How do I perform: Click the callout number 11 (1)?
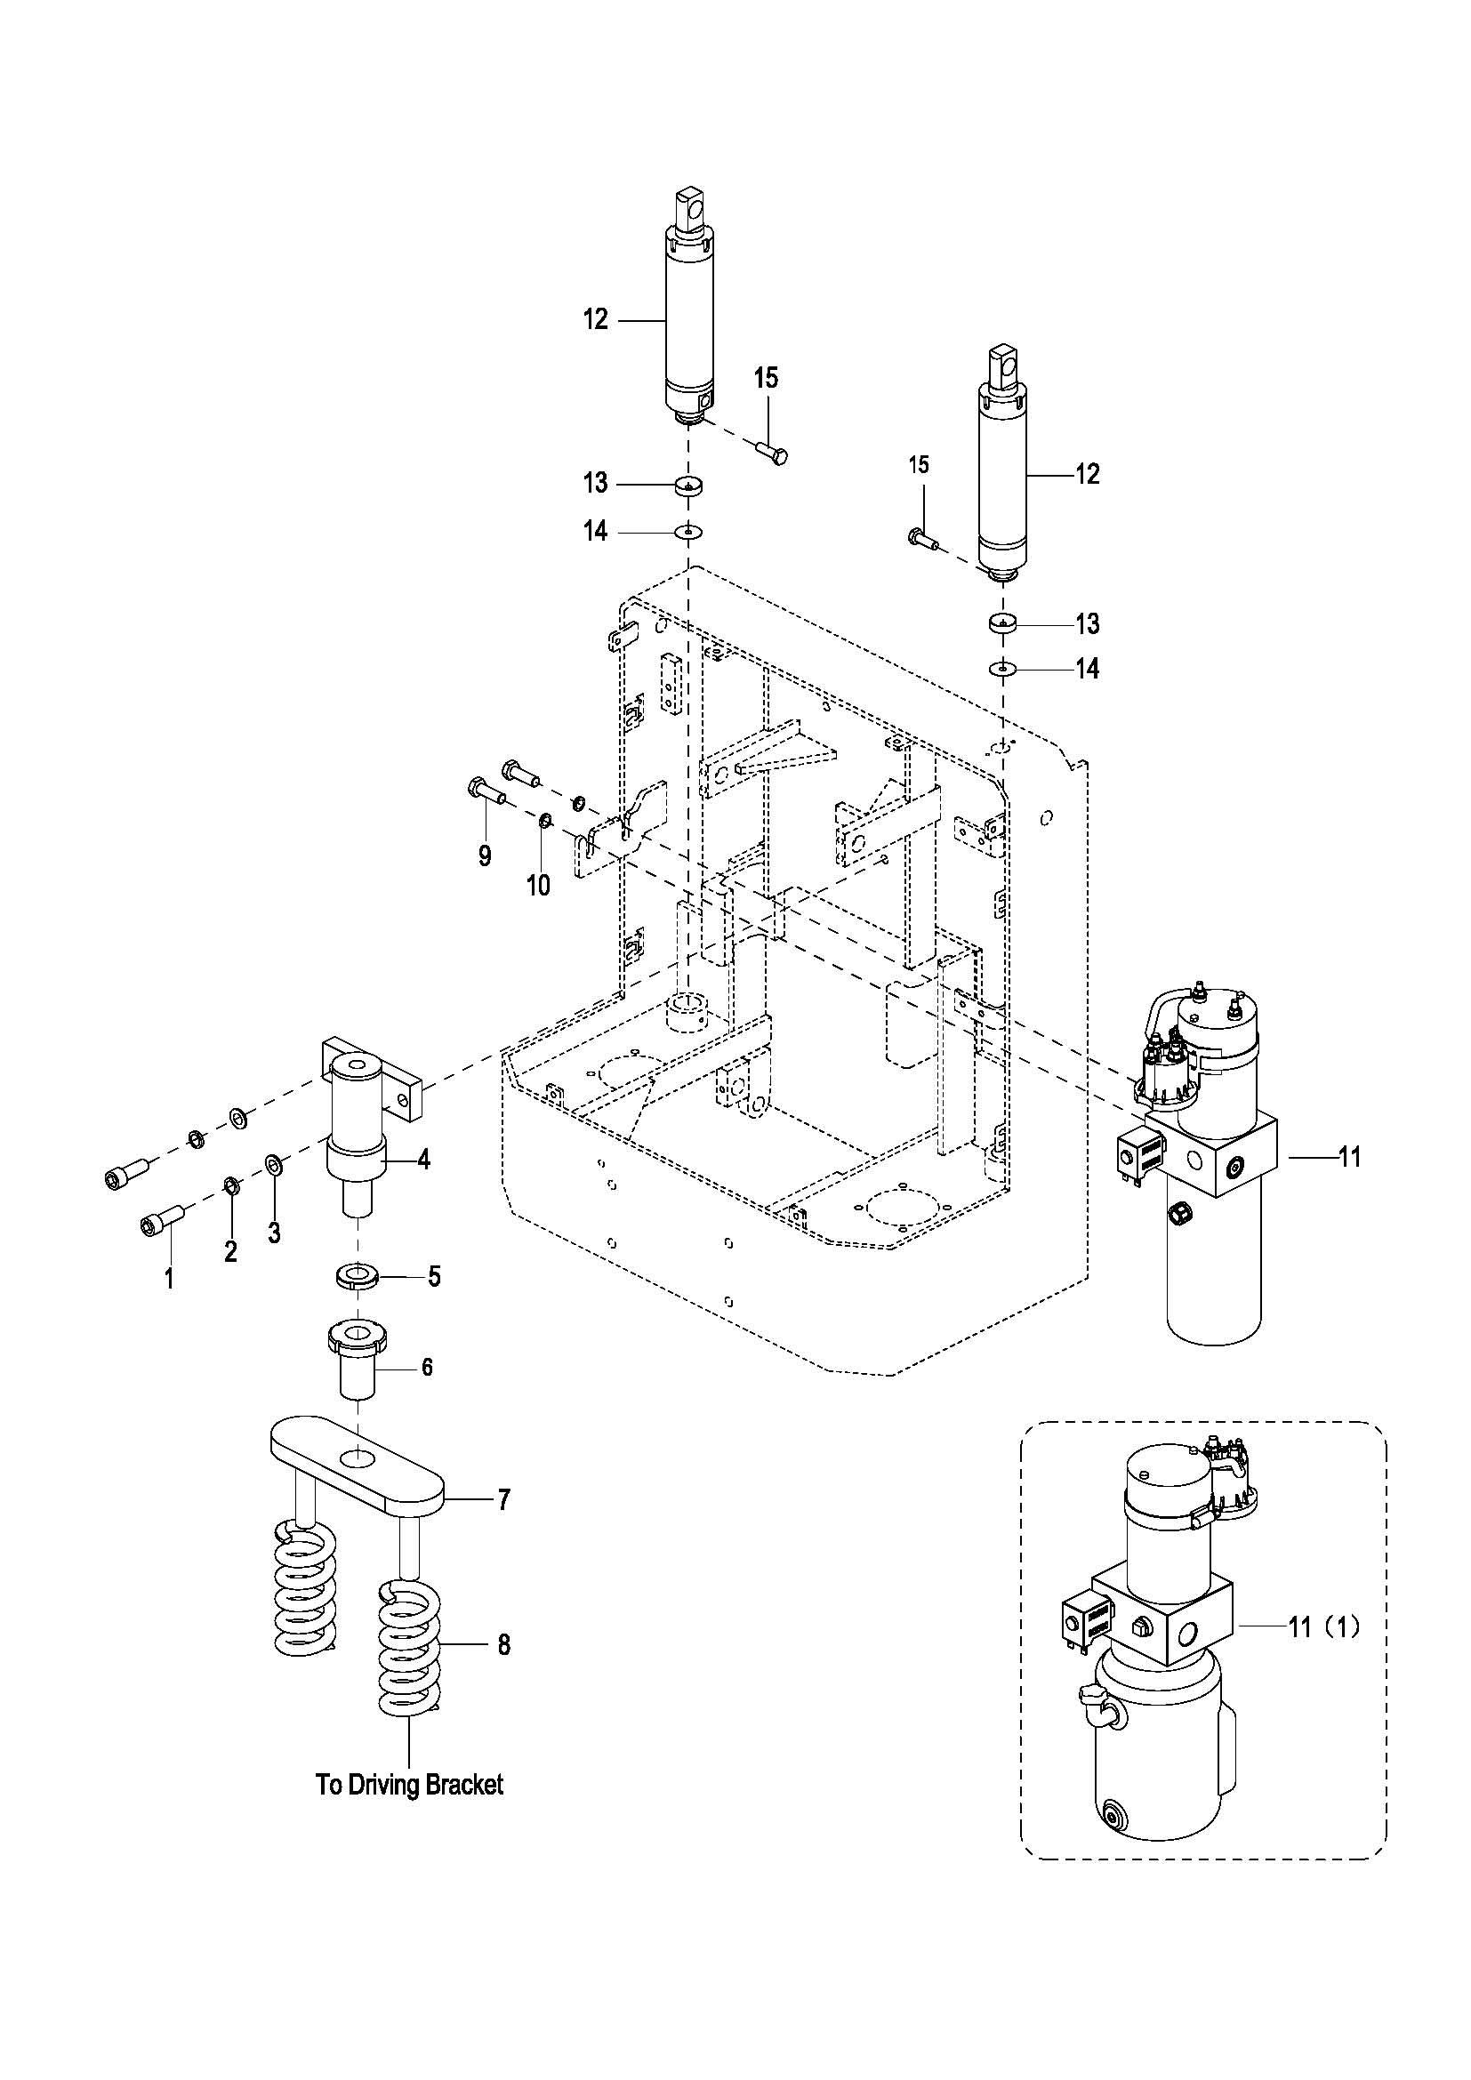pos(1324,1627)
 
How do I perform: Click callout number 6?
pos(427,1367)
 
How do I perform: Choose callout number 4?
pos(423,1160)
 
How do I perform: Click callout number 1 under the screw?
pos(168,1278)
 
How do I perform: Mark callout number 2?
pos(231,1251)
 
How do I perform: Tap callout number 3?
pos(274,1232)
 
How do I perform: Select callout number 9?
pos(485,856)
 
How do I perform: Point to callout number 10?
pos(539,885)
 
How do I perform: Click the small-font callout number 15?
pos(919,465)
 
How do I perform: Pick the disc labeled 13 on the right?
pos(1002,623)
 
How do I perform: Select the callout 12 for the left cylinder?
pos(595,320)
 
